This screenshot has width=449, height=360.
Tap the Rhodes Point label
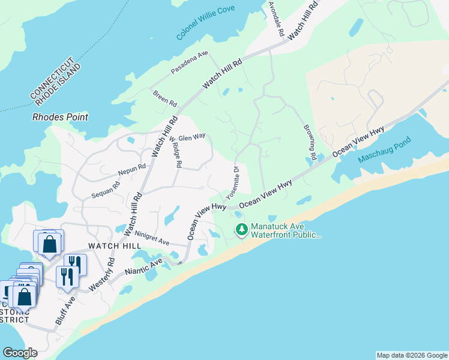pyautogui.click(x=60, y=117)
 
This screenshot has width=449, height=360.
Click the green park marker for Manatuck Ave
pyautogui.click(x=242, y=229)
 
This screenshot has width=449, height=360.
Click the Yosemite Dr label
pyautogui.click(x=232, y=182)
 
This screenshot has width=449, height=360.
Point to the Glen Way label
pyautogui.click(x=192, y=137)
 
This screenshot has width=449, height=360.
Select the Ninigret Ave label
pyautogui.click(x=152, y=238)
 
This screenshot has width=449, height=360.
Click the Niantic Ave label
pyautogui.click(x=144, y=268)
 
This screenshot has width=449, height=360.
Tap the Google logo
pyautogui.click(x=20, y=353)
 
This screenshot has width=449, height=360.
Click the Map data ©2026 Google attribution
pyautogui.click(x=411, y=355)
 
